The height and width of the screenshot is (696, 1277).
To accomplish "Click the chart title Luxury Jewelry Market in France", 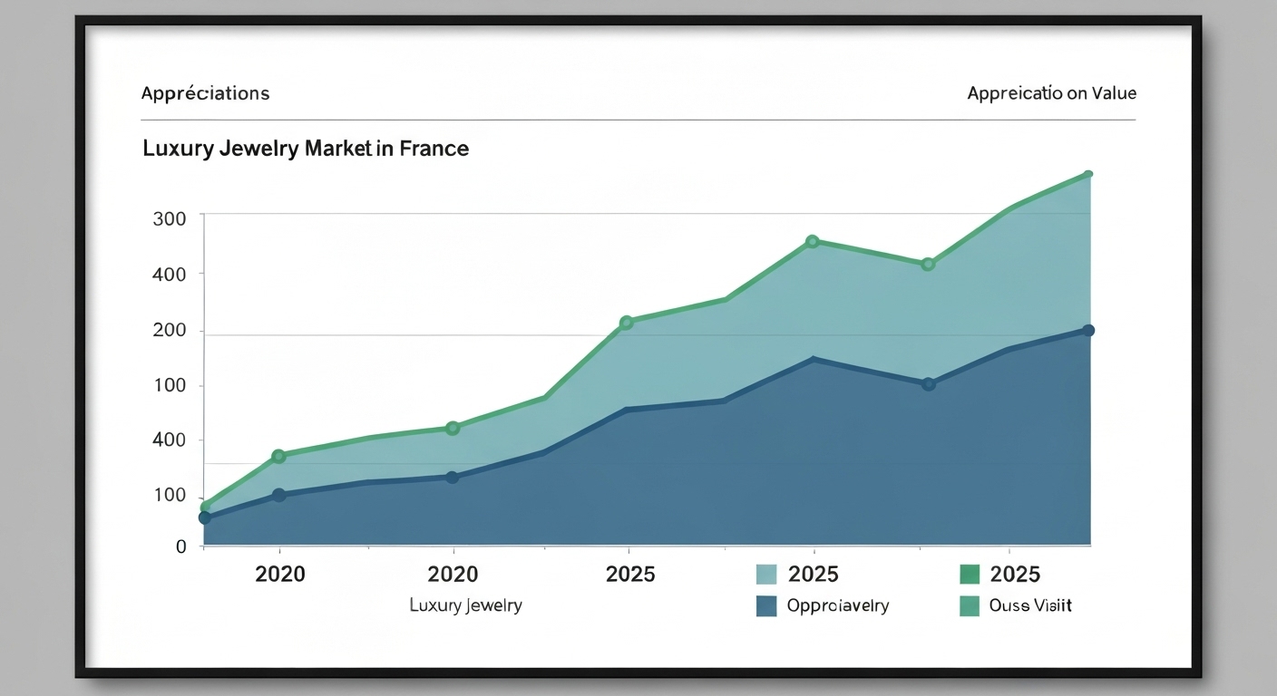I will pyautogui.click(x=306, y=149).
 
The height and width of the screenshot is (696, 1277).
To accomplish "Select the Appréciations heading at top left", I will pyautogui.click(x=205, y=93).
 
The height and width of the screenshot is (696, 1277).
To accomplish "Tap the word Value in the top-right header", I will pyautogui.click(x=1115, y=93).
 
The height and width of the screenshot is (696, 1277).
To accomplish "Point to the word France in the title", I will pyautogui.click(x=434, y=149).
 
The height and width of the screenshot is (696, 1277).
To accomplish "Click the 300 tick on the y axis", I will pyautogui.click(x=170, y=218).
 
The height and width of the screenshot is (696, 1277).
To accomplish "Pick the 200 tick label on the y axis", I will pyautogui.click(x=170, y=331).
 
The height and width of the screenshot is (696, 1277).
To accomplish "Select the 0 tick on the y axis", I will pyautogui.click(x=180, y=546).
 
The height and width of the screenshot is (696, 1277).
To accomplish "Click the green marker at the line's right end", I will pyautogui.click(x=1088, y=174).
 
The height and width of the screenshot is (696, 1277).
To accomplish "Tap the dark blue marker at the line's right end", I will pyautogui.click(x=1088, y=331).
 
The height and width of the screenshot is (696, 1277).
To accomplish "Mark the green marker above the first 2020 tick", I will pyautogui.click(x=278, y=456).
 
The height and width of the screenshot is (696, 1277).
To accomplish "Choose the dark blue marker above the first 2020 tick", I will pyautogui.click(x=278, y=495).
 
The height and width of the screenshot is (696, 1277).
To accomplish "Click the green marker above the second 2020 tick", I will pyautogui.click(x=453, y=428).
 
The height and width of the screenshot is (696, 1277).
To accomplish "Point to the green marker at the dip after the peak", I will pyautogui.click(x=928, y=265).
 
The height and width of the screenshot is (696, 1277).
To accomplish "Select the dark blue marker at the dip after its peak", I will pyautogui.click(x=928, y=384).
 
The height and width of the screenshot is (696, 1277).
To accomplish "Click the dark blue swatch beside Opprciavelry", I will pyautogui.click(x=766, y=605).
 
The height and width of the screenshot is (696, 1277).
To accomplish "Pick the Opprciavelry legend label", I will pyautogui.click(x=838, y=605).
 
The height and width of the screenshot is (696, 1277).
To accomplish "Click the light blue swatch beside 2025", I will pyautogui.click(x=766, y=574).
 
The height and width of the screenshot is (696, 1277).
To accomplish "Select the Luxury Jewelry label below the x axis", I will pyautogui.click(x=465, y=605).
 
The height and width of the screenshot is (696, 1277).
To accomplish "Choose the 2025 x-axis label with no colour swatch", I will pyautogui.click(x=629, y=574).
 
